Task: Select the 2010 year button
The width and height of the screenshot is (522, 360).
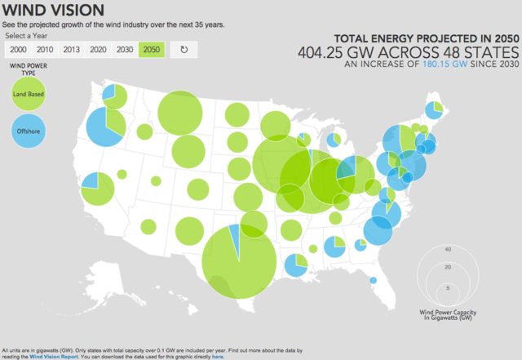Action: pyautogui.click(x=44, y=50)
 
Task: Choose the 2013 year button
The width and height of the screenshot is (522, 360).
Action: pyautogui.click(x=72, y=50)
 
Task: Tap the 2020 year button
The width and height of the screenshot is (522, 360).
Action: pyautogui.click(x=99, y=50)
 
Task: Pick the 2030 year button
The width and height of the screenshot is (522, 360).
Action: pyautogui.click(x=126, y=50)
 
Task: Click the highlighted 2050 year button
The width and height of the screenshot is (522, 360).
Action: pyautogui.click(x=152, y=50)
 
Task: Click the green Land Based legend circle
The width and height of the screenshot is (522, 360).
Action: pyautogui.click(x=29, y=95)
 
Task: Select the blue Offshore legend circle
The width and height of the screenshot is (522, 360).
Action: pyautogui.click(x=29, y=131)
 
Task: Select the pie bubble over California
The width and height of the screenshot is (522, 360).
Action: pyautogui.click(x=99, y=189)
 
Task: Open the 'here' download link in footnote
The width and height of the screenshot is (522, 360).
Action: pyautogui.click(x=218, y=357)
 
